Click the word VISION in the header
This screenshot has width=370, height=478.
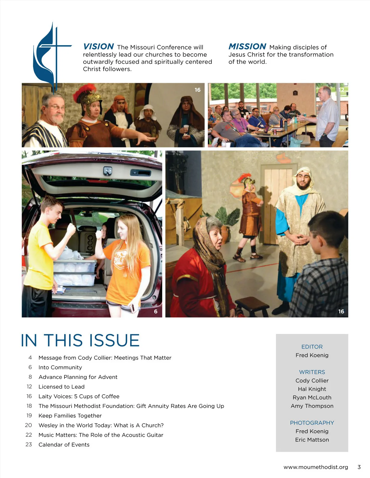pos(98,46)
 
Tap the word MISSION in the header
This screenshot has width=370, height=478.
pos(247,46)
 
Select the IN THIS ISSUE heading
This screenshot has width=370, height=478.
pos(80,340)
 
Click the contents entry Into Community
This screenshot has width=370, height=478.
pos(60,368)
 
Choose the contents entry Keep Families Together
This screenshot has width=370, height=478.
pos(70,416)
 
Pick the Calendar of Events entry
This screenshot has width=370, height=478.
pos(64,445)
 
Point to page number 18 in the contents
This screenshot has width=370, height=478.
pos(29,406)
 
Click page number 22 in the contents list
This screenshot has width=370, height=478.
pos(29,435)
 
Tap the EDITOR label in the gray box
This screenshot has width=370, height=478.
pos(312,347)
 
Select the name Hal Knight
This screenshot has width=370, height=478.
pos(312,389)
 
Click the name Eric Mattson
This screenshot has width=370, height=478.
pos(312,440)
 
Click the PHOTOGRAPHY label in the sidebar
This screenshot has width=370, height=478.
pos(312,423)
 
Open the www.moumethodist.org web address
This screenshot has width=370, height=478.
pos(316,467)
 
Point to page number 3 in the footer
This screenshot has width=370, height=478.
pos(359,467)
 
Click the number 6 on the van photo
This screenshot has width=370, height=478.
pos(156,311)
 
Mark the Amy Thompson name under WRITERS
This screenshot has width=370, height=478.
pos(312,406)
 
